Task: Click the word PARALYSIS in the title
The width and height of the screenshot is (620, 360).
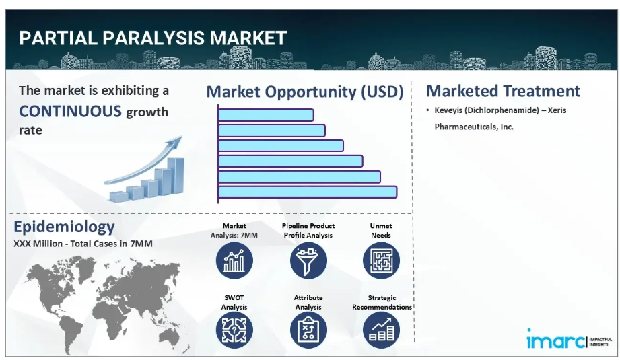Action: pyautogui.click(x=153, y=38)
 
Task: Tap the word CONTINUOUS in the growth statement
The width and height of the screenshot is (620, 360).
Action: pyautogui.click(x=71, y=112)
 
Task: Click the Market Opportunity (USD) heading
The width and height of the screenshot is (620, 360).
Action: pyautogui.click(x=305, y=92)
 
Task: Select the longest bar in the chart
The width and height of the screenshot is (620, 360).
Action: pyautogui.click(x=307, y=192)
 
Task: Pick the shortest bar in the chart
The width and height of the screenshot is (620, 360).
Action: pyautogui.click(x=266, y=115)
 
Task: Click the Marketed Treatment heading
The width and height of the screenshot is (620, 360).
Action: pyautogui.click(x=503, y=91)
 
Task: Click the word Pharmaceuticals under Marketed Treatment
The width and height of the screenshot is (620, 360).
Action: pyautogui.click(x=466, y=127)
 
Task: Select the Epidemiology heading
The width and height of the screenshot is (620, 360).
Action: pyautogui.click(x=64, y=227)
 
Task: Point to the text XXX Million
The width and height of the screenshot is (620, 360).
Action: pyautogui.click(x=38, y=244)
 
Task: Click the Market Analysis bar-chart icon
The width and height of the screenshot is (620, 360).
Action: pyautogui.click(x=234, y=261)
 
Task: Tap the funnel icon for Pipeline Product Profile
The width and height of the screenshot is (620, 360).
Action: pyautogui.click(x=308, y=261)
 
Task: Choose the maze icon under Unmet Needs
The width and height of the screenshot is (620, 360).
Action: pyautogui.click(x=381, y=261)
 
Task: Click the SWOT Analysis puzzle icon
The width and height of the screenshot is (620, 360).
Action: pyautogui.click(x=234, y=330)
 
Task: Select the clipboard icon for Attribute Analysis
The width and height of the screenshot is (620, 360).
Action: pyautogui.click(x=308, y=330)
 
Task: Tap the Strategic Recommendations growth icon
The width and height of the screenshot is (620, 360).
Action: pyautogui.click(x=381, y=330)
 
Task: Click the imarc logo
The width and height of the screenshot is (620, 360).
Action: pyautogui.click(x=569, y=339)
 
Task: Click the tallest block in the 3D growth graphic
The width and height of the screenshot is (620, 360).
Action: pyautogui.click(x=176, y=176)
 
